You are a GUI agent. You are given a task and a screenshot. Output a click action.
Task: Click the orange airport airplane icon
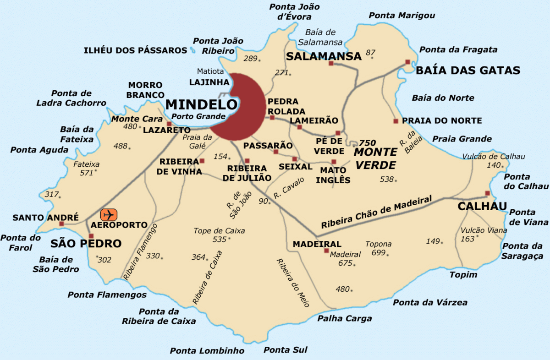point(109,214)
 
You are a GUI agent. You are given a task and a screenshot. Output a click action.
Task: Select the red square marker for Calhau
point(488,193)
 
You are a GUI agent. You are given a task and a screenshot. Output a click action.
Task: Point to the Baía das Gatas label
point(468,71)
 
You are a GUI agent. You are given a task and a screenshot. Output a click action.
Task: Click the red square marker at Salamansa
point(331,63)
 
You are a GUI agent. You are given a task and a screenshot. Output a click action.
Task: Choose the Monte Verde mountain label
point(375,158)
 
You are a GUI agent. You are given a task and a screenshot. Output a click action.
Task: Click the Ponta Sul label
point(285,350)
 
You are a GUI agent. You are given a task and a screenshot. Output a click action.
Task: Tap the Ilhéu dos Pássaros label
point(135,50)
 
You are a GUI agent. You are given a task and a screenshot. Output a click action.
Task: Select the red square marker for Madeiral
point(326,251)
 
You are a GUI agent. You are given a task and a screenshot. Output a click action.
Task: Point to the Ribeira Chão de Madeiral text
point(377,213)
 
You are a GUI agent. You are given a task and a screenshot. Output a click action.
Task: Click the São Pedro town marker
point(91,236)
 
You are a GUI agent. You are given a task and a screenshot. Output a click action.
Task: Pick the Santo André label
point(46,217)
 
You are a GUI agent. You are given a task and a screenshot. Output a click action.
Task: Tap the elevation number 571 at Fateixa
point(86,173)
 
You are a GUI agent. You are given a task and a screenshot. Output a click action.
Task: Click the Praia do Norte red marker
point(396,121)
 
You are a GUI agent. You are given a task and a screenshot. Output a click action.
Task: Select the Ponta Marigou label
point(402,16)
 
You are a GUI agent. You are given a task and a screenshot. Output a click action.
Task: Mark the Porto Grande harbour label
point(199,116)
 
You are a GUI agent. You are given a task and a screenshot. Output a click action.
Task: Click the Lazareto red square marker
point(169,124)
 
